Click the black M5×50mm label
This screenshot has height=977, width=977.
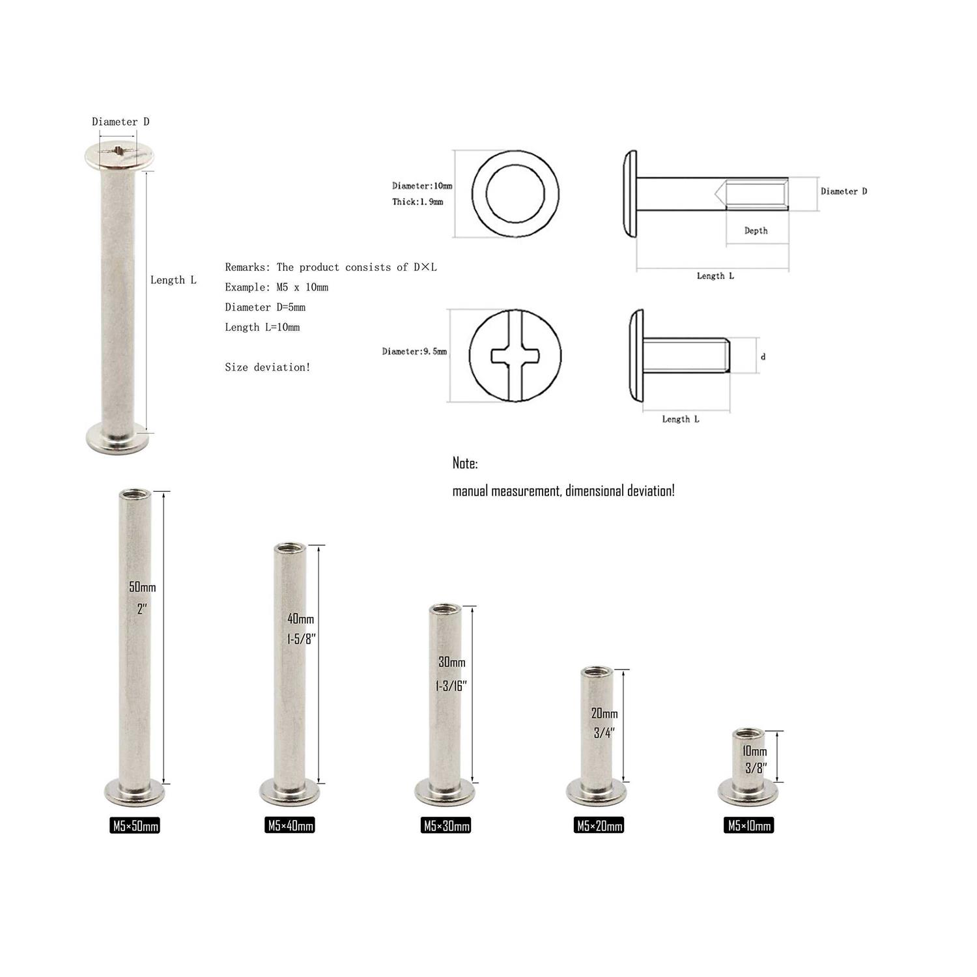coord(135,826)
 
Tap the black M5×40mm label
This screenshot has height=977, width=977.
coord(290,826)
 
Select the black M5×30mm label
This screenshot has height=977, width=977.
coord(446,826)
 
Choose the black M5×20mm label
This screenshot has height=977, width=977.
coord(599,826)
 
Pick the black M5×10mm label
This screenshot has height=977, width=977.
coord(749,826)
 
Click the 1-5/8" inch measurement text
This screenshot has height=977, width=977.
coord(302,639)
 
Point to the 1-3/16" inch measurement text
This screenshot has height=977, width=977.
coord(451,686)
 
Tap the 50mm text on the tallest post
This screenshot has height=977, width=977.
coord(143,587)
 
